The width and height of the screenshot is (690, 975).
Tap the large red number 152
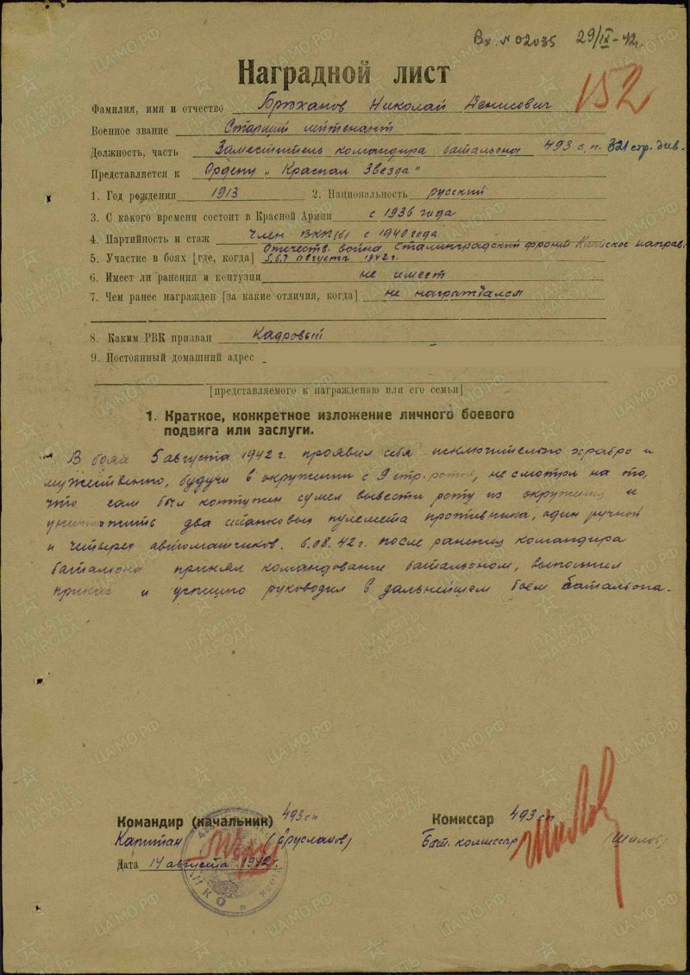pos(614,89)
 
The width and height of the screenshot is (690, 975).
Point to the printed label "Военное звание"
pos(129,130)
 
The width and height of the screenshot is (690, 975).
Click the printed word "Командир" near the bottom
pos(148,820)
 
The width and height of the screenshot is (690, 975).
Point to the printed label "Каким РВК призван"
pos(147,339)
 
